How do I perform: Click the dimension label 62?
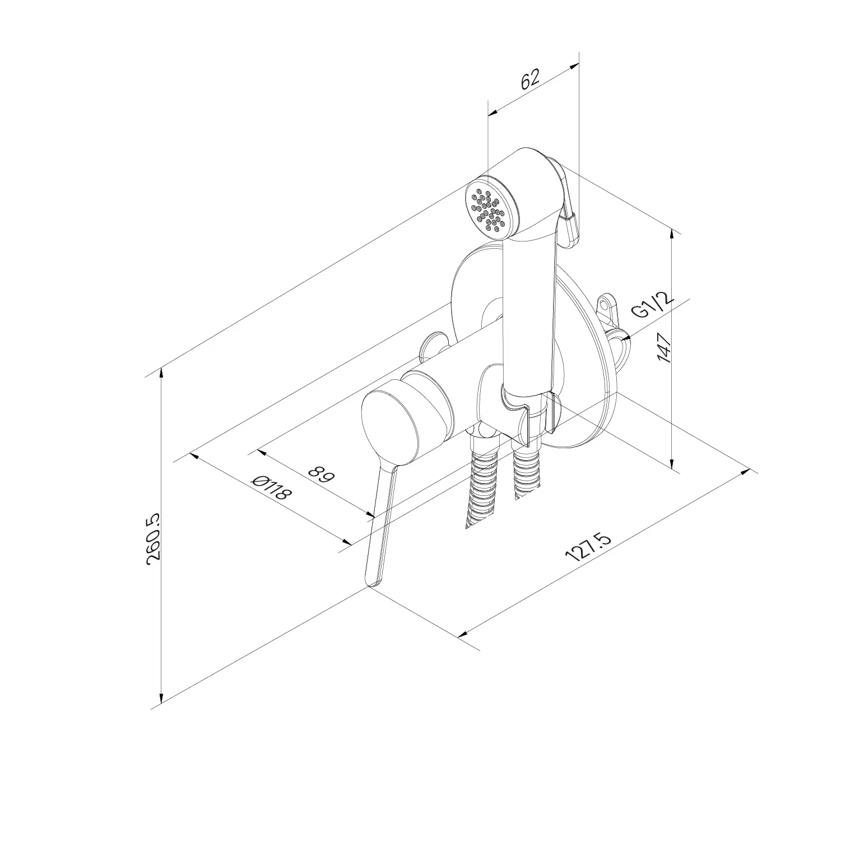coord(530,78)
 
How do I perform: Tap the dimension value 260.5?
coord(153,538)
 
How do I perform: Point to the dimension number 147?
coord(664,348)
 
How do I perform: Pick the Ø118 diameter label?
coord(272,489)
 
